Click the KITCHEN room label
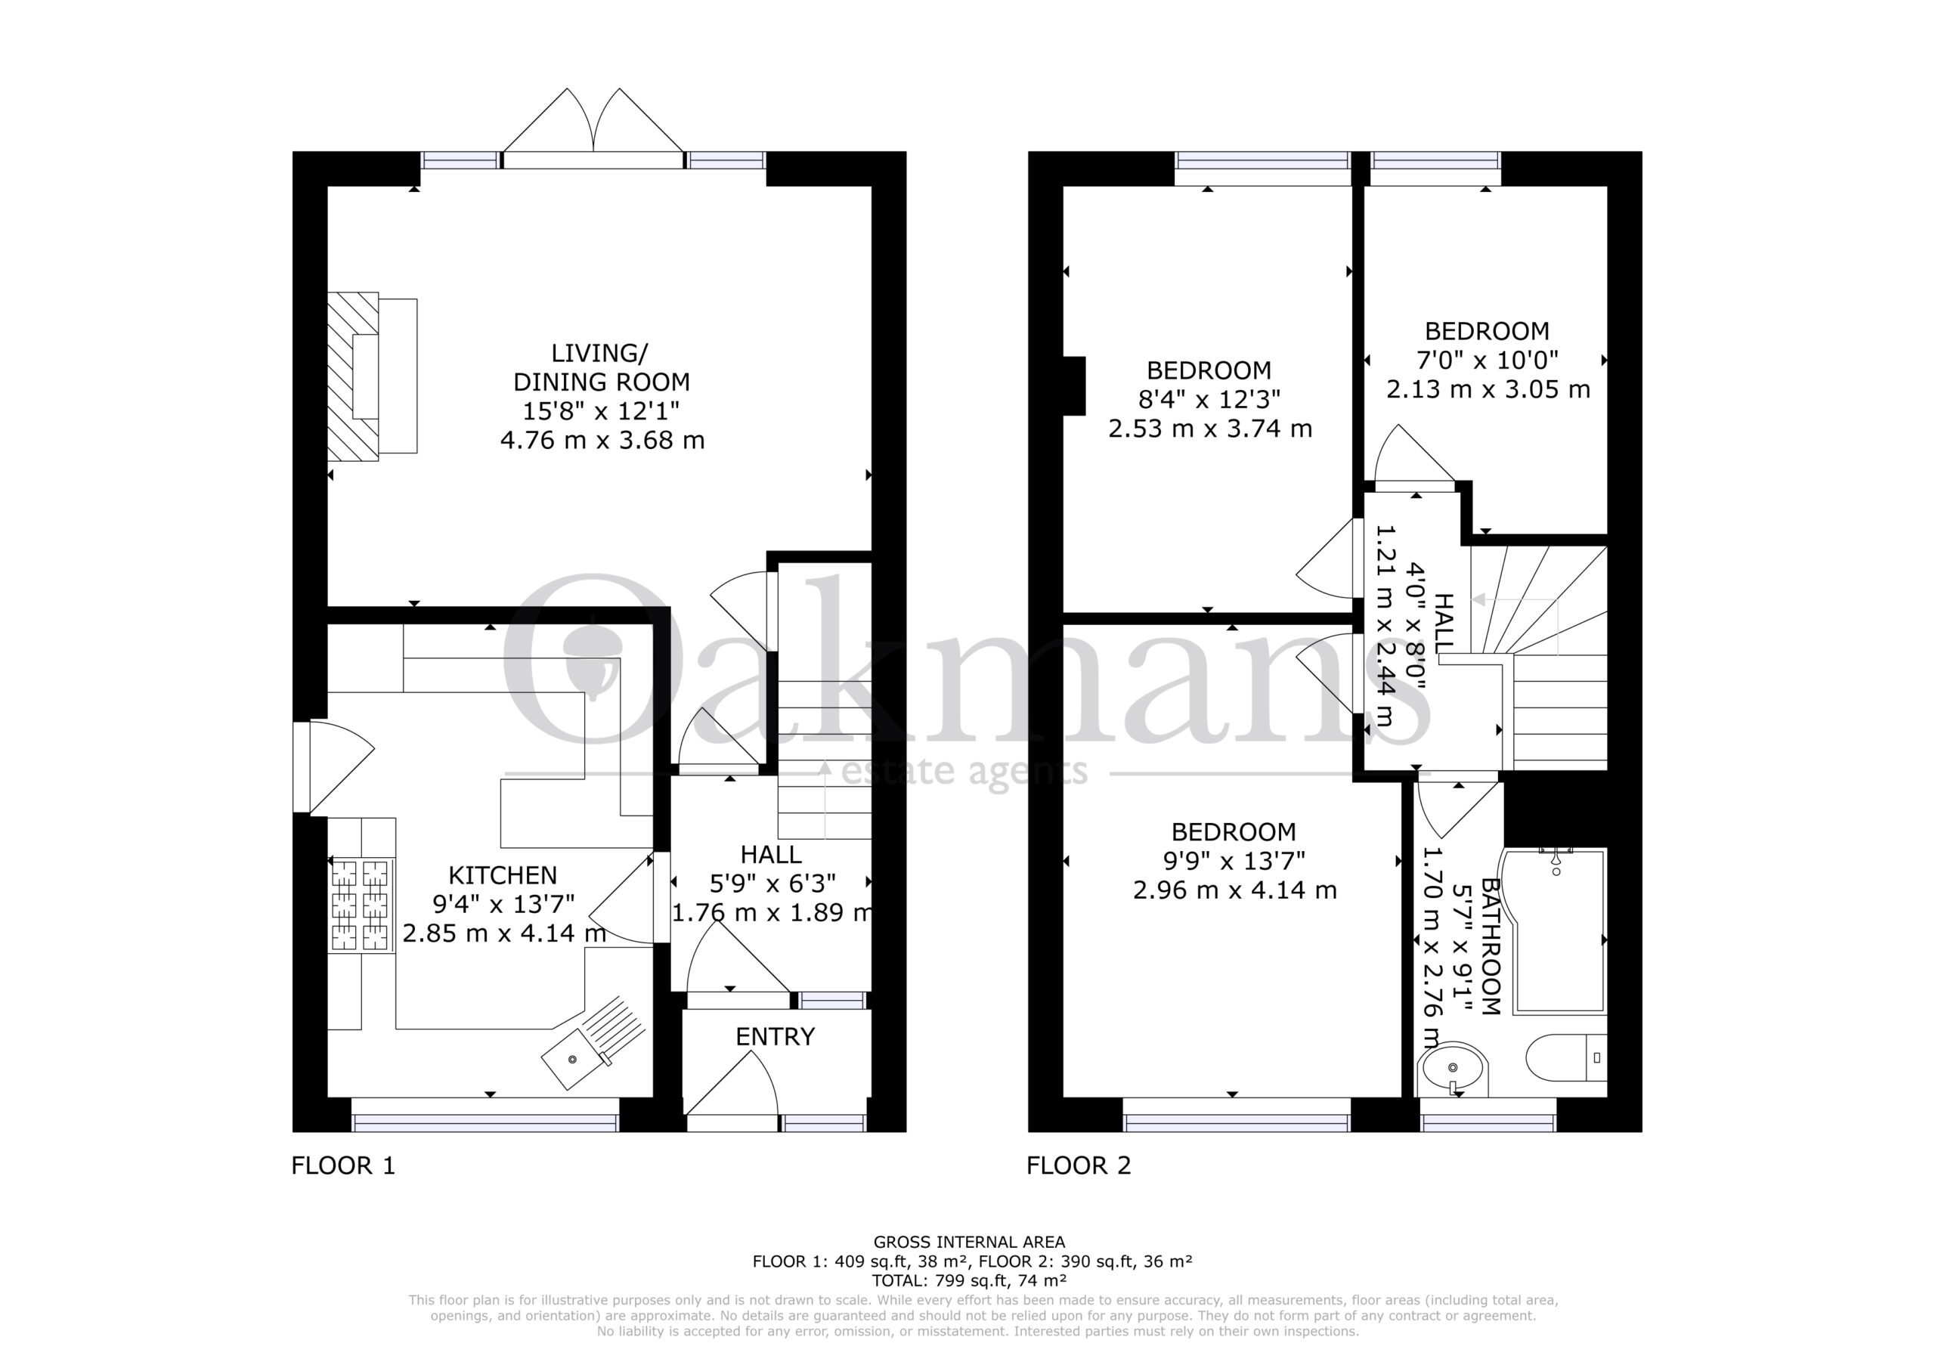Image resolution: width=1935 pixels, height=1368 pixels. point(503,875)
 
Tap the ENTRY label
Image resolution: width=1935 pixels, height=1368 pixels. point(776,1037)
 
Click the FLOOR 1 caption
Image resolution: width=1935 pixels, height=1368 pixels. point(343,1165)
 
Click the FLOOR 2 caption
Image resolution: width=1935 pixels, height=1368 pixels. point(1079,1165)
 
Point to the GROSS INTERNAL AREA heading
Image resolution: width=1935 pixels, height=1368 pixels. point(969,1242)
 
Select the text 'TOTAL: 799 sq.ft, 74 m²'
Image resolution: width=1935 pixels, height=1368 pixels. point(969,1280)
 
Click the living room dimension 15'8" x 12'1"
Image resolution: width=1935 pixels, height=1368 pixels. point(602,411)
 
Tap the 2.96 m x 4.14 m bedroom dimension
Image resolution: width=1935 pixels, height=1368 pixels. point(1234,890)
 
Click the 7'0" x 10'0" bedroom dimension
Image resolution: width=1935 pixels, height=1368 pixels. point(1488,360)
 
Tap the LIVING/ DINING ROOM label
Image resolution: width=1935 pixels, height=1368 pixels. point(601,367)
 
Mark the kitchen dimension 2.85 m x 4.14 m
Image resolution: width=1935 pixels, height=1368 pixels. point(504,933)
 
